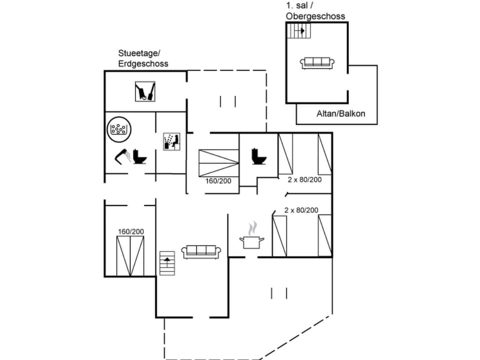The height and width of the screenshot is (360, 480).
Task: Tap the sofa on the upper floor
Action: (x=317, y=62)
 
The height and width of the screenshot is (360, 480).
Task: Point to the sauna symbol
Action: (x=171, y=141)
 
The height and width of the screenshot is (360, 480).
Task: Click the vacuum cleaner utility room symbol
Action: (x=145, y=91)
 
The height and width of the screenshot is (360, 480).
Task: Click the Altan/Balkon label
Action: (x=340, y=113)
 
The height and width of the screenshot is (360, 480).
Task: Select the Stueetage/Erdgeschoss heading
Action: (x=143, y=58)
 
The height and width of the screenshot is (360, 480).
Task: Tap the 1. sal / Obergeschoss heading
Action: (x=315, y=11)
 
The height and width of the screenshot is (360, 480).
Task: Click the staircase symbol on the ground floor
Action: (x=168, y=263)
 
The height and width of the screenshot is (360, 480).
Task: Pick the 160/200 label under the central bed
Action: (x=218, y=180)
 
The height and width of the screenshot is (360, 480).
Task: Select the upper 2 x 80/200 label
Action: (x=304, y=179)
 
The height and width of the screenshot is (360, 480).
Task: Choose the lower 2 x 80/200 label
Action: (x=301, y=210)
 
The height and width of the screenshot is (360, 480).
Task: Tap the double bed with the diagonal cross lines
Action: (x=218, y=162)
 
